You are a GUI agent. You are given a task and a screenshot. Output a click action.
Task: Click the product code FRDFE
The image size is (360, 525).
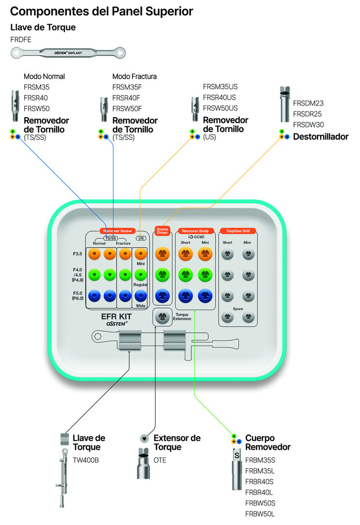21,39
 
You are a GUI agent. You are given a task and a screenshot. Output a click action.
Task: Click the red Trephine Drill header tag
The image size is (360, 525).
238,231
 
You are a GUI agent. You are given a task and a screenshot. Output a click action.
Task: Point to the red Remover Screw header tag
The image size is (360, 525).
118,231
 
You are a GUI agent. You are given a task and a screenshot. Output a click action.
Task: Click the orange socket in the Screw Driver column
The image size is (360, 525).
162,253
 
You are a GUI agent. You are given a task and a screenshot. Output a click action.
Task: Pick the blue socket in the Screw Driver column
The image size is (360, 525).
162,295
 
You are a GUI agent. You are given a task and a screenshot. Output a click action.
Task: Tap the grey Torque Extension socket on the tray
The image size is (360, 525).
162,317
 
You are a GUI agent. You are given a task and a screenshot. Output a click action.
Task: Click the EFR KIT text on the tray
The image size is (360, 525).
116,316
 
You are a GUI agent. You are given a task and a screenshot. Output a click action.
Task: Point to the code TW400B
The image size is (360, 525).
86,460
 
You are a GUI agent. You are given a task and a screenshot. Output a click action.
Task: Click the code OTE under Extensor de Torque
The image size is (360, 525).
160,460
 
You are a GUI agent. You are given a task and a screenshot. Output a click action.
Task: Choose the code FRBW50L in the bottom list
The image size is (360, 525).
260,514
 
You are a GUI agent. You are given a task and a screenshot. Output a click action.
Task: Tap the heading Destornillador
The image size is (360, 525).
321,137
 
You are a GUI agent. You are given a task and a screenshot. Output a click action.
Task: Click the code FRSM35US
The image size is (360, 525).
220,87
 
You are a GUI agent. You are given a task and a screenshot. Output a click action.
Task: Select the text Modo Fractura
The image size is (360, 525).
135,76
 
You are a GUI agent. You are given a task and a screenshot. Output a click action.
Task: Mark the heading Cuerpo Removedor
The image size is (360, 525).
268,442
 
